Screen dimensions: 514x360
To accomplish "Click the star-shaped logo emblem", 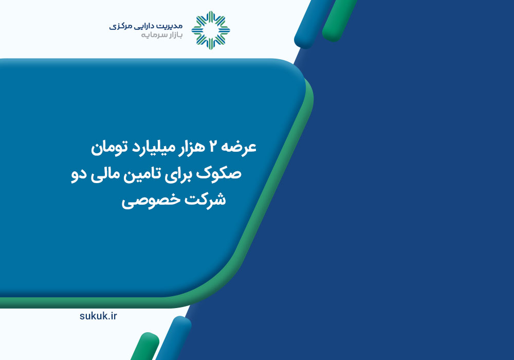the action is (x=211, y=30).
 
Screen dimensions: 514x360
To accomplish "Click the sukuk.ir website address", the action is (x=98, y=316).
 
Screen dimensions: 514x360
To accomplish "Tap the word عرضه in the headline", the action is (x=240, y=148).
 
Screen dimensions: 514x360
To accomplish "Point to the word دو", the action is (x=79, y=174).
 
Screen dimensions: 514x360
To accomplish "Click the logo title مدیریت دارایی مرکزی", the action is (x=146, y=26).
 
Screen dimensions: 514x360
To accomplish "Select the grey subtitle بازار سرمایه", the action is (x=161, y=35).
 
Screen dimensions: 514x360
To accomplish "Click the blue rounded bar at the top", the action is (x=315, y=24).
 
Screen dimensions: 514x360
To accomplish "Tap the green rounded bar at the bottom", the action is (x=145, y=347).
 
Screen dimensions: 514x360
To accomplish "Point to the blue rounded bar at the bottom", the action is (x=174, y=338).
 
